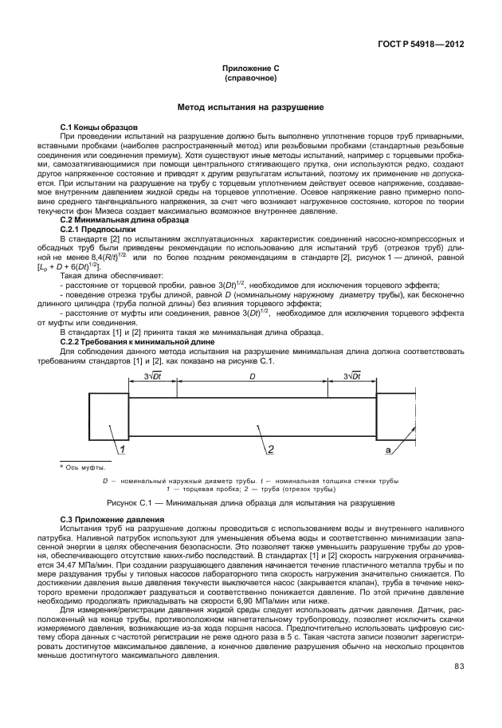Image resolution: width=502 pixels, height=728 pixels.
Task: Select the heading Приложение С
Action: click(x=250, y=69)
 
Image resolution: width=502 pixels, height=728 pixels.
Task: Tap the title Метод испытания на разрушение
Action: click(x=250, y=107)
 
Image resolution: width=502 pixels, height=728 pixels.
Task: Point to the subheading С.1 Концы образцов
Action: click(x=100, y=128)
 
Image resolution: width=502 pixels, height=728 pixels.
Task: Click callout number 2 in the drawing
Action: click(x=270, y=450)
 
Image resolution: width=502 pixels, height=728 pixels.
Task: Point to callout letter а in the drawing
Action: click(x=387, y=451)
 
